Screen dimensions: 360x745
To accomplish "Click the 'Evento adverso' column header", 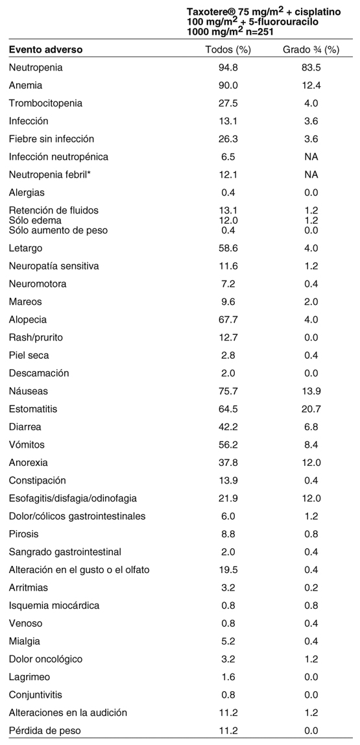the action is [45, 49].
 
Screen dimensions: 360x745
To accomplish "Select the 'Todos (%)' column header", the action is [228, 49].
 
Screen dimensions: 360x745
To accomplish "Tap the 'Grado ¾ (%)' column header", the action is [311, 49].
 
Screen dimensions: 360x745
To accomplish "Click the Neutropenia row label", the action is [36, 67].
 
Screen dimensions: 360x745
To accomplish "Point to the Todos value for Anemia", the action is [228, 86].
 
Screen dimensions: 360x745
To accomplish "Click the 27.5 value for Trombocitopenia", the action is [228, 103].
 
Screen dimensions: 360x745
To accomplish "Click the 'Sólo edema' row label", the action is [35, 221].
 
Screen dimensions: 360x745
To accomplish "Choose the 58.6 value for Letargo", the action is [228, 248].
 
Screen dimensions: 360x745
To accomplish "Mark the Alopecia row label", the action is [27, 320].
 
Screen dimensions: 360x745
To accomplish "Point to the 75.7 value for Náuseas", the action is [228, 391].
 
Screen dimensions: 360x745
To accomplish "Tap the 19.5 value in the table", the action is [228, 570].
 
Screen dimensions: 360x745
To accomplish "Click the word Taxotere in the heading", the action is [208, 12].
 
